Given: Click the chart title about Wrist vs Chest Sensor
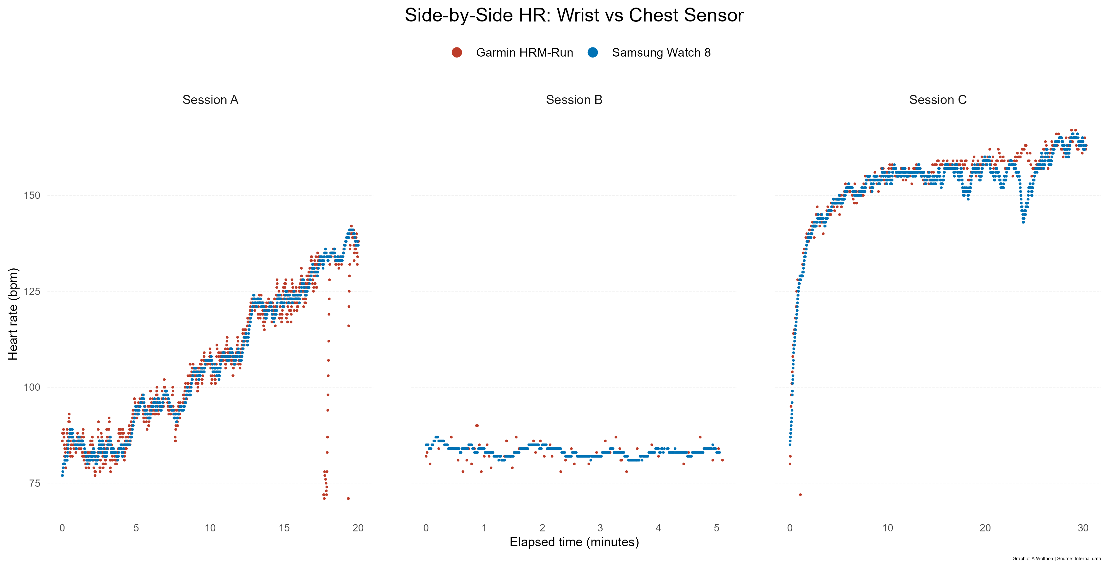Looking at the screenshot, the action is tap(574, 15).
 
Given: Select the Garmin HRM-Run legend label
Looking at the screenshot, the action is tap(524, 52).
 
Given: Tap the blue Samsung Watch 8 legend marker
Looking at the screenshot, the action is tap(593, 52).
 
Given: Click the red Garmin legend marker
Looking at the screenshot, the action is tap(457, 52).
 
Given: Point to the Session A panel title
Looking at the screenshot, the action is tap(210, 100).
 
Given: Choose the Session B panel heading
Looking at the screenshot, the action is tap(574, 100).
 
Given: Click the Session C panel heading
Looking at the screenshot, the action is tap(938, 100).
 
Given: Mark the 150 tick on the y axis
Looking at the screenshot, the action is tap(31, 195).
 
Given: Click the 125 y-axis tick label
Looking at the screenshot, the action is tap(31, 291).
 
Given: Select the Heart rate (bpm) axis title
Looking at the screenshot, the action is tap(13, 314).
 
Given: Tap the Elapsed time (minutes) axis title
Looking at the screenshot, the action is tap(574, 542).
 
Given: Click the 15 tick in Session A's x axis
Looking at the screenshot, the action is tap(284, 528).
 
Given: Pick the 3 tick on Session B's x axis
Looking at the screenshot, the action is tap(600, 528).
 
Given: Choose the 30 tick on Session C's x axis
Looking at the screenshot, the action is tap(1083, 528).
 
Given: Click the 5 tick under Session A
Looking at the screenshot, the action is tap(136, 528).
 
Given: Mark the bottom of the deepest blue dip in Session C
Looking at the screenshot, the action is tap(1023, 222).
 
